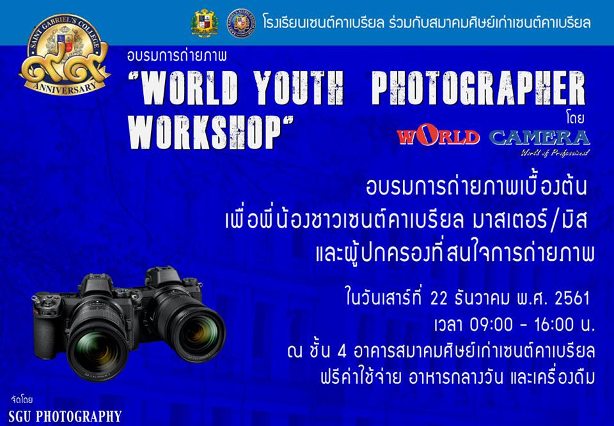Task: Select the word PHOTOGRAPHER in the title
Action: [478, 88]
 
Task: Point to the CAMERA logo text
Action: [540, 138]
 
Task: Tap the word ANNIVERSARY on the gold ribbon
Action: [65, 85]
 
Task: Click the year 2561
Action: [572, 299]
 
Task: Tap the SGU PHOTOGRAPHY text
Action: [65, 416]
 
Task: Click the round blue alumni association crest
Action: [242, 23]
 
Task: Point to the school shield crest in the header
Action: [205, 24]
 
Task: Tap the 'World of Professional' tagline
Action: [555, 153]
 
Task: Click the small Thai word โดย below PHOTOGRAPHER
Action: [575, 118]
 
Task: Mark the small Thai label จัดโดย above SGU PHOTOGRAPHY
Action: [22, 400]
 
